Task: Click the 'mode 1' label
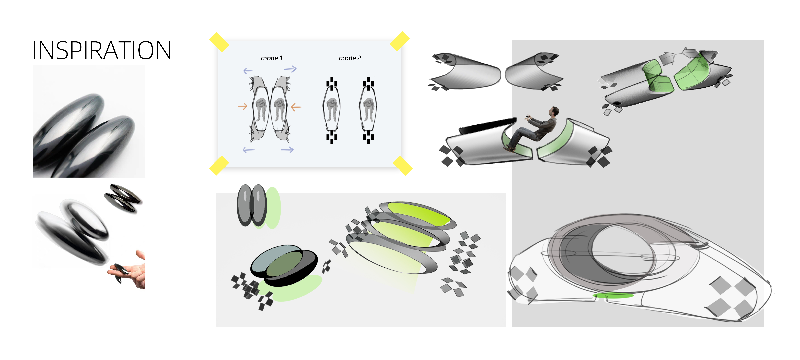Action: point(271,58)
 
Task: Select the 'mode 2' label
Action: point(350,58)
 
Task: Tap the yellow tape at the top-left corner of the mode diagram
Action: point(219,42)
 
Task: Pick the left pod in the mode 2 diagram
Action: point(332,110)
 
